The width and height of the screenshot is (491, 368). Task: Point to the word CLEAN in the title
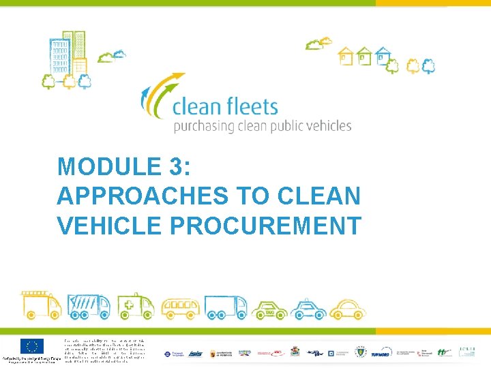click(319, 196)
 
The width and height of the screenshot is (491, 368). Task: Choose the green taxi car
click(269, 309)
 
